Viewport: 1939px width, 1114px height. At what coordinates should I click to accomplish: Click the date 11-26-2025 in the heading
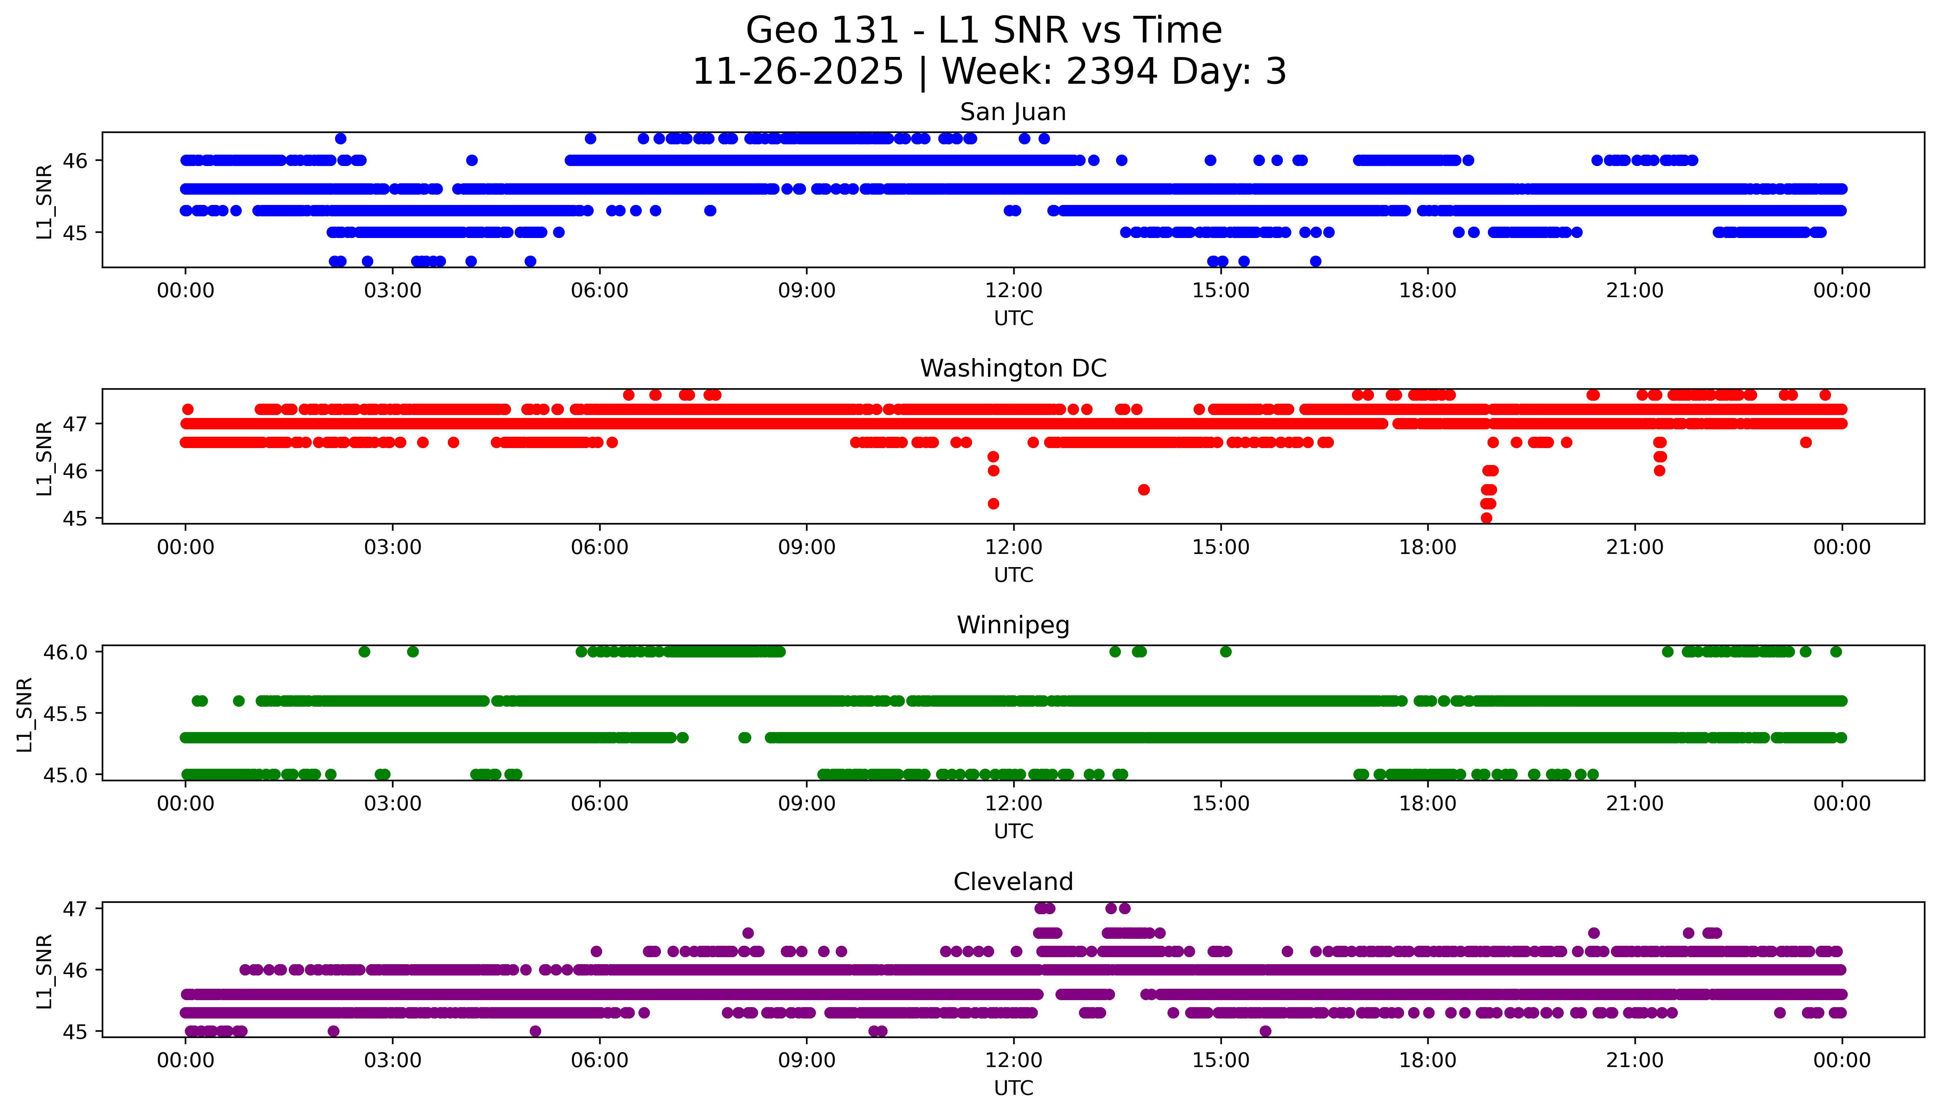pyautogui.click(x=797, y=72)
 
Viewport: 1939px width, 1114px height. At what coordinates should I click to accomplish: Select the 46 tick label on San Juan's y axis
pyautogui.click(x=75, y=161)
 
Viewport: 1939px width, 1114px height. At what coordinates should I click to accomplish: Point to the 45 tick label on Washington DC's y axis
pyautogui.click(x=75, y=518)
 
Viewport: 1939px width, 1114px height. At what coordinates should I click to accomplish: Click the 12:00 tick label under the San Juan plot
pyautogui.click(x=1013, y=291)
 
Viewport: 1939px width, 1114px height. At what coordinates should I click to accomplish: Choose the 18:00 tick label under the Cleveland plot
pyautogui.click(x=1427, y=1060)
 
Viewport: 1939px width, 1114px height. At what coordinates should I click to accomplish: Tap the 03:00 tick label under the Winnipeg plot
pyautogui.click(x=393, y=803)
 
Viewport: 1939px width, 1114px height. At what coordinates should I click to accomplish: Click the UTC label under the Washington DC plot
pyautogui.click(x=1013, y=574)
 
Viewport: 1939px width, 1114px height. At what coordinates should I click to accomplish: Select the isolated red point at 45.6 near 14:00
pyautogui.click(x=1143, y=490)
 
